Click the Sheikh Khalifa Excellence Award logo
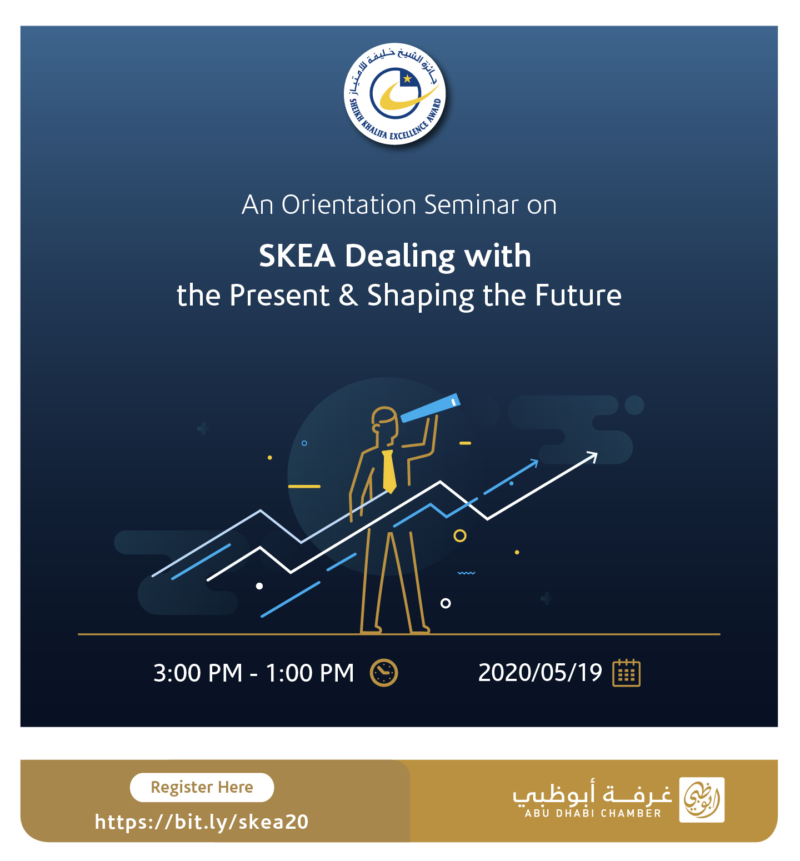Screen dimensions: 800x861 click(x=395, y=94)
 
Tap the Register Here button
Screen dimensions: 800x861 click(x=202, y=787)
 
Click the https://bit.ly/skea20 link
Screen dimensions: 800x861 click(x=202, y=822)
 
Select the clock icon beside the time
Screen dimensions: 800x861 click(x=384, y=673)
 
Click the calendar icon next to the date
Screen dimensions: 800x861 click(x=626, y=673)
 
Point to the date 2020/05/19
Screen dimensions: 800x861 click(x=540, y=673)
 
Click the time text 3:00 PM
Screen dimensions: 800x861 click(x=198, y=673)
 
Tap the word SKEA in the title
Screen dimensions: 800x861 click(x=297, y=256)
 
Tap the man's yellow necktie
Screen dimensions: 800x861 click(x=389, y=471)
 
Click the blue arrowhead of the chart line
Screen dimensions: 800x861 click(x=533, y=463)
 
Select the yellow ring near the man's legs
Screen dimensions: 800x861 click(x=460, y=535)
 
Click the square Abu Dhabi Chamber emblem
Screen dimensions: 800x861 click(x=702, y=800)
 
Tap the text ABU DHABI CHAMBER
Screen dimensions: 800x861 click(x=593, y=813)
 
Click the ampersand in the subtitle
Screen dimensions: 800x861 click(x=348, y=295)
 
